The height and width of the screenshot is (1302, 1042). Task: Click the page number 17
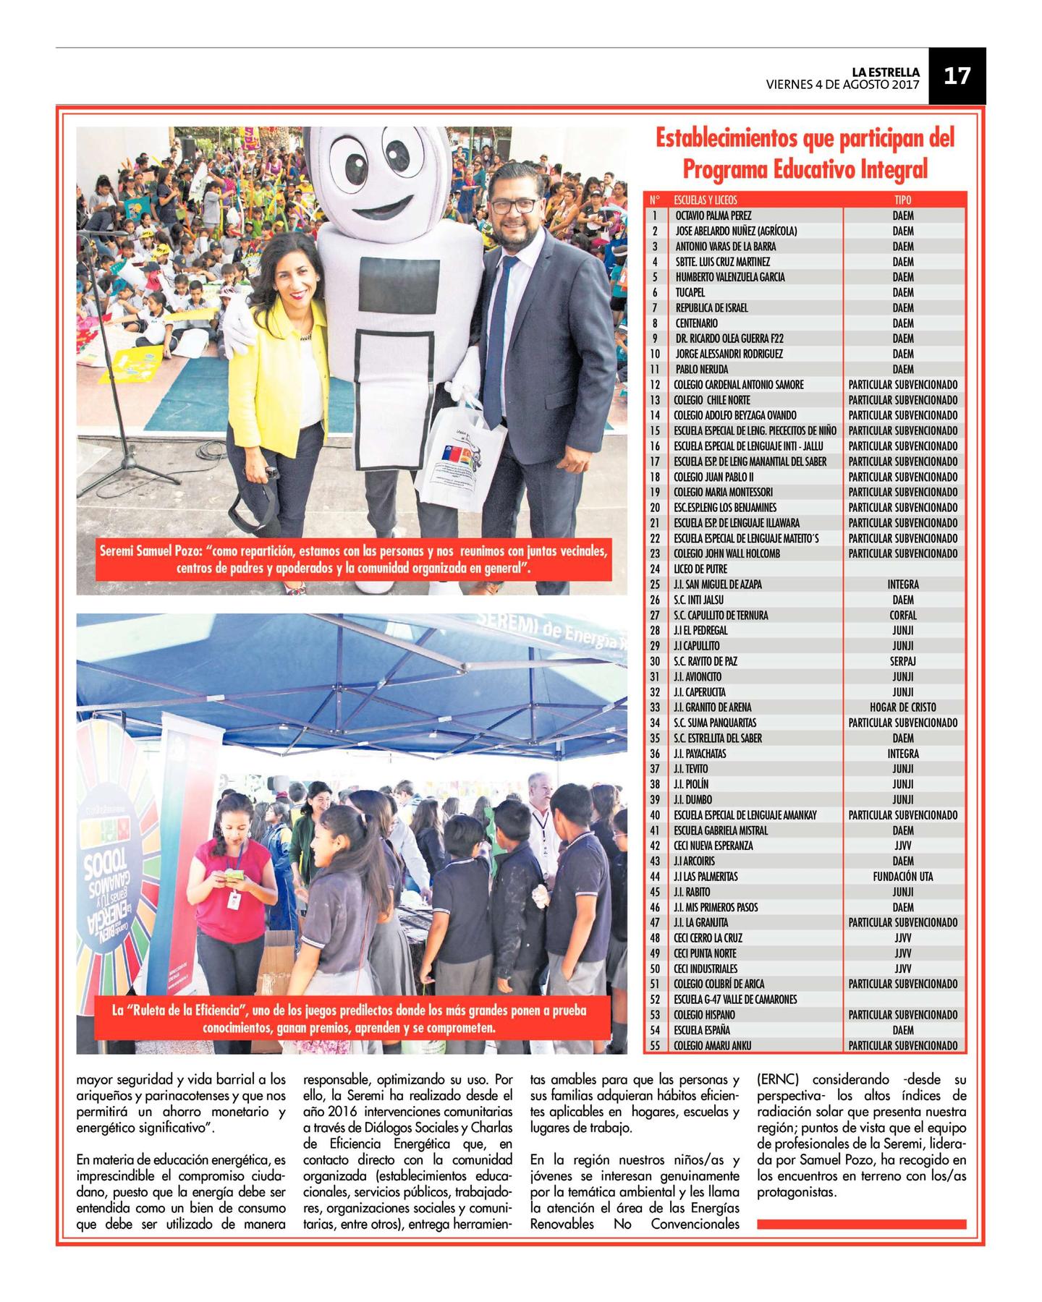point(957,75)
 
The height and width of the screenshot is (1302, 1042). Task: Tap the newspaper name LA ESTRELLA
point(885,72)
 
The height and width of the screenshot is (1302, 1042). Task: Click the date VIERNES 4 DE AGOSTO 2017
point(842,84)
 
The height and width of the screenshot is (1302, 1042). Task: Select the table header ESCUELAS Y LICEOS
point(705,200)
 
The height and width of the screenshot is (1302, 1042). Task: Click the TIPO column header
point(902,200)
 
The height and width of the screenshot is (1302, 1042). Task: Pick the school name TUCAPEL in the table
point(690,292)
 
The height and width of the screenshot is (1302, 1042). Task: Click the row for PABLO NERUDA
point(692,369)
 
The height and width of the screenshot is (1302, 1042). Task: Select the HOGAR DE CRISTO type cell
point(902,707)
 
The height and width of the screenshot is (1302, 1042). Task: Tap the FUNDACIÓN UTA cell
point(902,877)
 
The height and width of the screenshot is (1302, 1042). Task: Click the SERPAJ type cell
point(902,661)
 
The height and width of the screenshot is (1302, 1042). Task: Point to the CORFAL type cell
point(902,615)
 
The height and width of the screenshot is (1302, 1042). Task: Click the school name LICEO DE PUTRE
point(700,569)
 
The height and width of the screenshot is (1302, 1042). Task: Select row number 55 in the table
point(655,1045)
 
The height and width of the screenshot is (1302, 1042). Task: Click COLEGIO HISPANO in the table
point(704,1015)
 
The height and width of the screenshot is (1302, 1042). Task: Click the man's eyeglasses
point(513,205)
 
